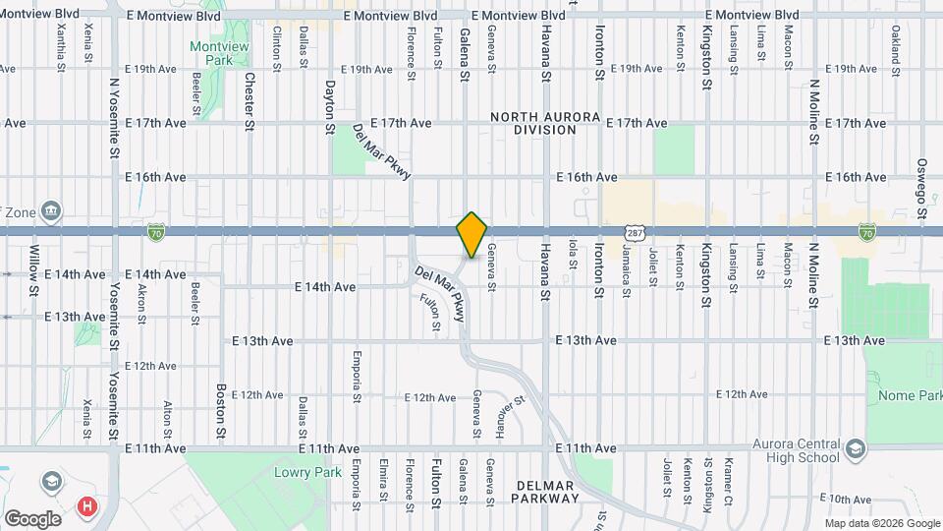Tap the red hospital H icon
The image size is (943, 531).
coord(88,506)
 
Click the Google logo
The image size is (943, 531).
coord(32,518)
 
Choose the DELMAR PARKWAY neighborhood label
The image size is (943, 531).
coord(547,491)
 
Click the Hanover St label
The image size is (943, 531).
coord(504,418)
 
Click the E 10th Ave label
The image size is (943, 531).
coord(848,500)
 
